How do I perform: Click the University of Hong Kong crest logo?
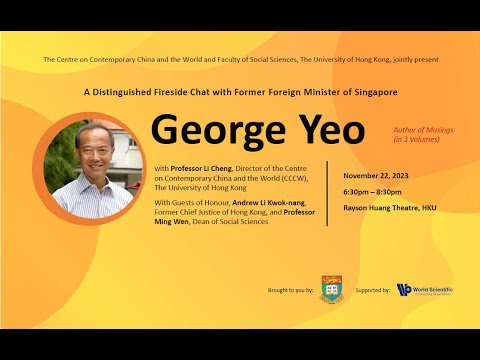331,289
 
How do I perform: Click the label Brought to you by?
291,290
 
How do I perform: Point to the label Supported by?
373,290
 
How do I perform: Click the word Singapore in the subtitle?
375,92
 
